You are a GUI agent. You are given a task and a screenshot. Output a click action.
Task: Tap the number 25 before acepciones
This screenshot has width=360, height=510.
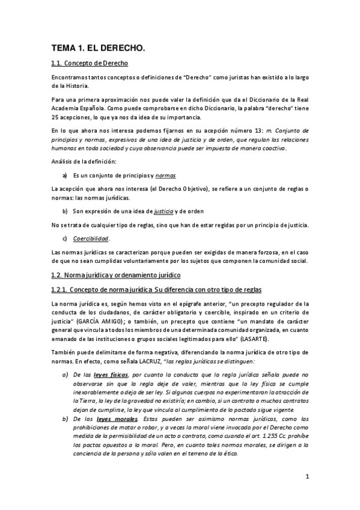coord(55,115)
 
